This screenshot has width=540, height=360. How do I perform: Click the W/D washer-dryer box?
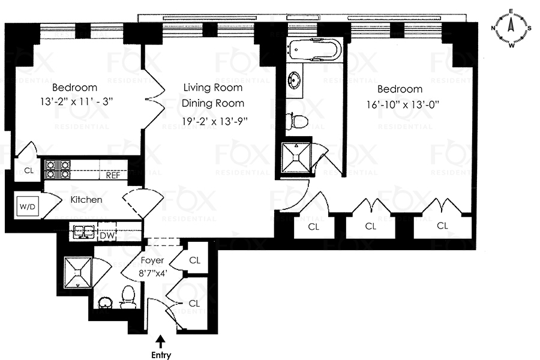[x=28, y=206]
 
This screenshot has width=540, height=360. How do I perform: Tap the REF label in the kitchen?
[x=113, y=175]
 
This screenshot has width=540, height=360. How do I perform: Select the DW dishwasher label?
[x=107, y=236]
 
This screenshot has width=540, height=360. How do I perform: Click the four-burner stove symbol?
[x=58, y=169]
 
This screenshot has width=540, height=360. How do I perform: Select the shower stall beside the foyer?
[x=79, y=272]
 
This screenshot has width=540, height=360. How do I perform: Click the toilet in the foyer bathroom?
[x=128, y=296]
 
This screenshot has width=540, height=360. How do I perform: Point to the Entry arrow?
[x=161, y=343]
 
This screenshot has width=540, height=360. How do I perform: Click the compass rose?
[x=511, y=28]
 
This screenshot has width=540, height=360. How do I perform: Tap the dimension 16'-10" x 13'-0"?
[x=403, y=105]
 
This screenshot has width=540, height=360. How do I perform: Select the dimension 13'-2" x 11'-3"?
[x=76, y=101]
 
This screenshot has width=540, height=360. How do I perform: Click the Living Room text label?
[x=213, y=88]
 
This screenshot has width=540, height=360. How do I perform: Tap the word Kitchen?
[x=86, y=200]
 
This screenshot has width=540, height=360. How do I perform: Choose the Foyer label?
[x=152, y=260]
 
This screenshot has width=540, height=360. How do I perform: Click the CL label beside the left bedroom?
[x=29, y=170]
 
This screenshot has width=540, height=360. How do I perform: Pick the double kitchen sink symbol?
[x=83, y=231]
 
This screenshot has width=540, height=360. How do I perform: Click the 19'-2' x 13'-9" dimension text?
[x=215, y=121]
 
